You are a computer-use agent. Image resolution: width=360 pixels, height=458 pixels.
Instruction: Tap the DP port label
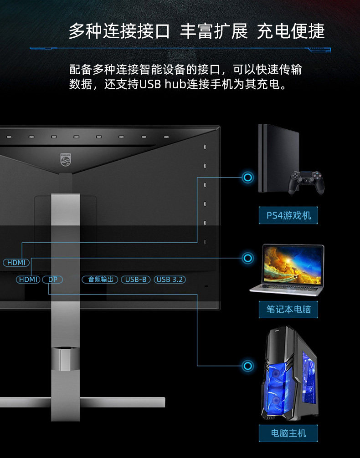53,280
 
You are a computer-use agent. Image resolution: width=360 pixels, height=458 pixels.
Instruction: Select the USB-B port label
136,280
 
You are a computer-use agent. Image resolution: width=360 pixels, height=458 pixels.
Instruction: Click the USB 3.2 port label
170,280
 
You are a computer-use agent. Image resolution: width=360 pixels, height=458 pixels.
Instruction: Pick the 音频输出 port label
100,280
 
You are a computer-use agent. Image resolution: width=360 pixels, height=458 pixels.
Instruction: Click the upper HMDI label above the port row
16,263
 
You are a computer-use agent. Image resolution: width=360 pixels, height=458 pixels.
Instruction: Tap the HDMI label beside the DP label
28,280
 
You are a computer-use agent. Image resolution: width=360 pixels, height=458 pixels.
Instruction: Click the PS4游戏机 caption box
288,215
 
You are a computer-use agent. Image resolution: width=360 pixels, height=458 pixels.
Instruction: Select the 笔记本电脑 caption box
288,310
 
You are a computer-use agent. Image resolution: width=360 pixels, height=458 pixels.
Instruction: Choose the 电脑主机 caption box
288,433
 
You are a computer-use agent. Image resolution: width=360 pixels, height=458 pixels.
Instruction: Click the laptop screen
292,265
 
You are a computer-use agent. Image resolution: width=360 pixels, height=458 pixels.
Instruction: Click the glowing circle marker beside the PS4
248,177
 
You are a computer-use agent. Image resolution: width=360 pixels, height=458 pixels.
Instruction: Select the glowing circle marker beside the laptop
248,259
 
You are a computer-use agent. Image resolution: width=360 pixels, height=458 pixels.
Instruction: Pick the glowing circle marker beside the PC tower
248,366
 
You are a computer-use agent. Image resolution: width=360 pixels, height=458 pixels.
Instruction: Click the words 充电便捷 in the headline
291,31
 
